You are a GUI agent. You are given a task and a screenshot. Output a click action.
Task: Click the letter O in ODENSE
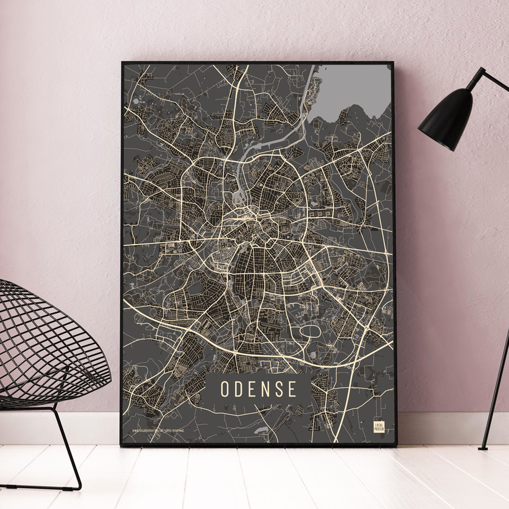pyautogui.click(x=225, y=389)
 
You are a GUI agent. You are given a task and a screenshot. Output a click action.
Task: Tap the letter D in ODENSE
pyautogui.click(x=239, y=389)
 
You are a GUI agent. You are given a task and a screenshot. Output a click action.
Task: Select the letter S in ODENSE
pyautogui.click(x=278, y=389)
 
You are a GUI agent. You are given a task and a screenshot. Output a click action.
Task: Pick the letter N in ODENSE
pyautogui.click(x=265, y=389)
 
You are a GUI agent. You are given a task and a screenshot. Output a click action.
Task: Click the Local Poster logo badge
pyautogui.click(x=379, y=427)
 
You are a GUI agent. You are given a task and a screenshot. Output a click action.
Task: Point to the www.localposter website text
pyautogui.click(x=145, y=430)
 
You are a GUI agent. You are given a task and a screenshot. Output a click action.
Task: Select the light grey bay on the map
pyautogui.click(x=351, y=92)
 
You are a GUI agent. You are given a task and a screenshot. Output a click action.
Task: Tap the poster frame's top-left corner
pyautogui.click(x=123, y=63)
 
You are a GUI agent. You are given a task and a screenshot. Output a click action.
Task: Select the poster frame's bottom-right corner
pyautogui.click(x=395, y=445)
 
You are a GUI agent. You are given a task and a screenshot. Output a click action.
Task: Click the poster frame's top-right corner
pyautogui.click(x=393, y=63)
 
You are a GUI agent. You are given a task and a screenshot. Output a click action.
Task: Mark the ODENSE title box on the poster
pyautogui.click(x=258, y=389)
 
